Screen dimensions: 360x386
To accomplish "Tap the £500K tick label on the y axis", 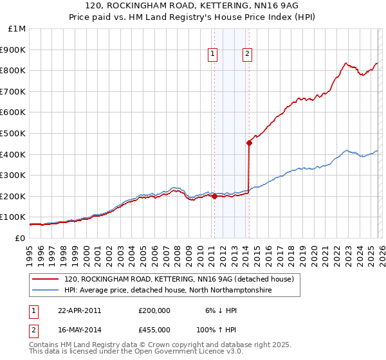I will point(13,133).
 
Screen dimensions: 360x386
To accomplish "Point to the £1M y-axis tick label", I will point(17,29).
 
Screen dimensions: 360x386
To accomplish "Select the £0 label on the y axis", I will point(19,238).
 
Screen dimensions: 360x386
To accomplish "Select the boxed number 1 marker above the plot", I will point(213,55).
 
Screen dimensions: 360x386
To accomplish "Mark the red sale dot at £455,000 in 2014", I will point(249,143).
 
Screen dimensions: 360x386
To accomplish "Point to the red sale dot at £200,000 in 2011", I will point(214,197).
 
